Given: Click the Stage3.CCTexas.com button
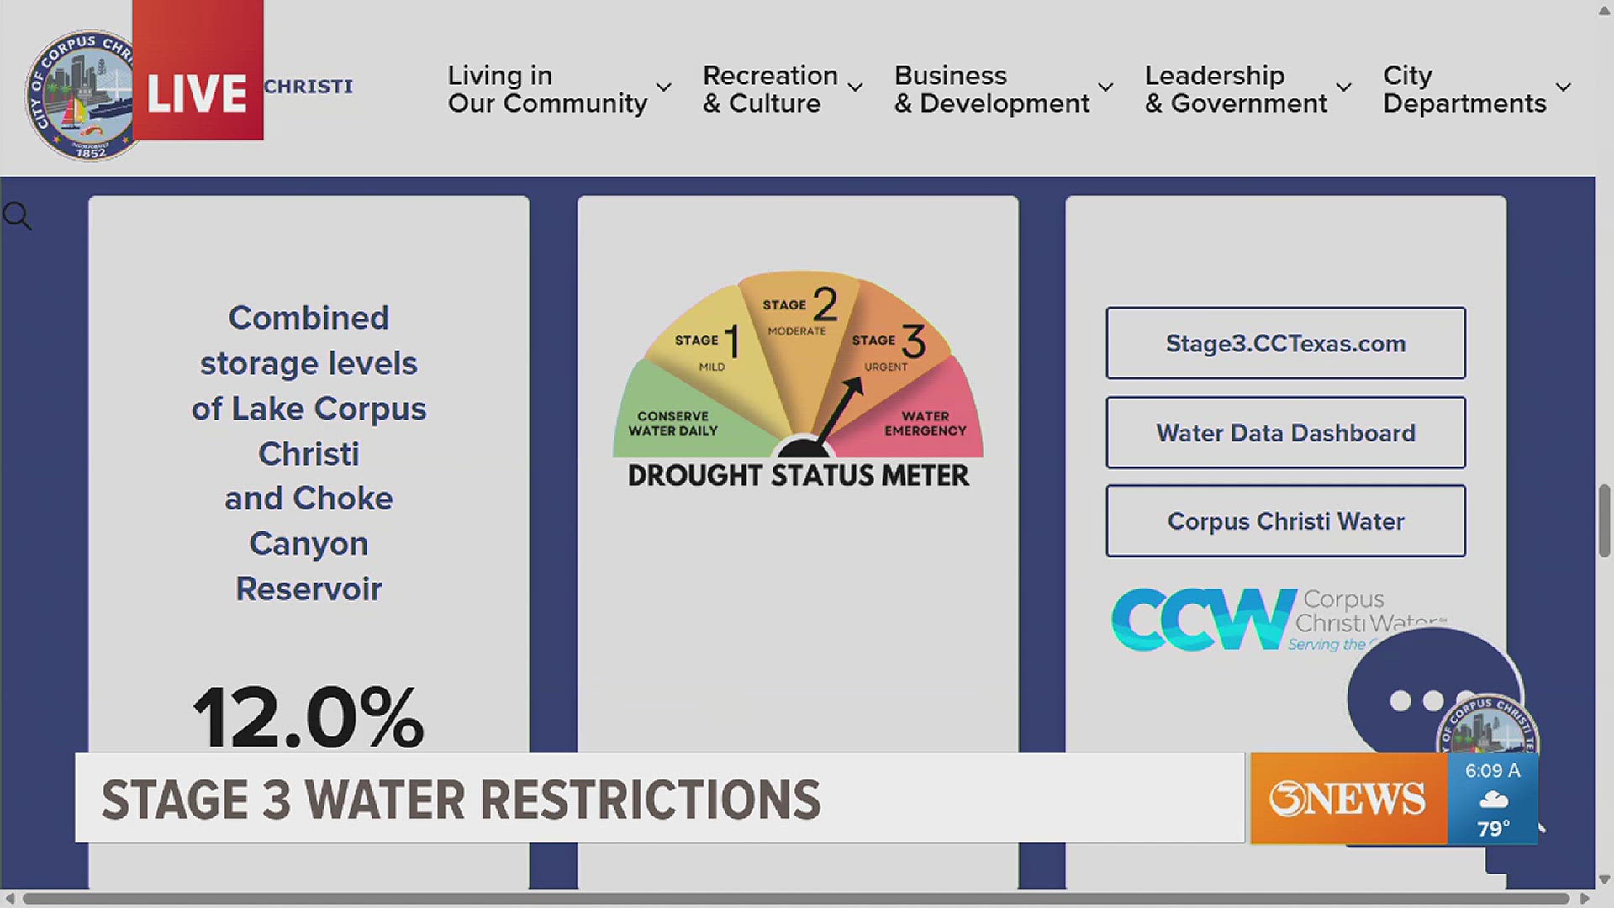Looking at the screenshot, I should pyautogui.click(x=1285, y=343).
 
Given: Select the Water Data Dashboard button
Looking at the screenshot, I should pyautogui.click(x=1285, y=433).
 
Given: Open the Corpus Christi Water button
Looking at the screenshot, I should pyautogui.click(x=1285, y=521).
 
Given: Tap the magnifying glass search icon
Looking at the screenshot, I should pyautogui.click(x=17, y=216).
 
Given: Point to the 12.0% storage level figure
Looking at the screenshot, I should pyautogui.click(x=309, y=716).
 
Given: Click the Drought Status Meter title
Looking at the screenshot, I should pyautogui.click(x=798, y=476).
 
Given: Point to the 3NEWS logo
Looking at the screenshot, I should pyautogui.click(x=1348, y=798).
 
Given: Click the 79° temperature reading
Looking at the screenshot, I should pyautogui.click(x=1493, y=828).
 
